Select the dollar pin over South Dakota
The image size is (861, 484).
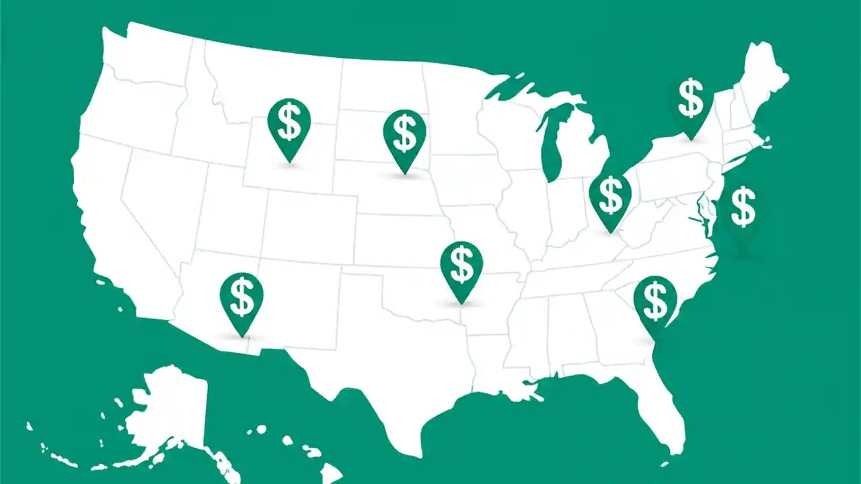coord(404,134)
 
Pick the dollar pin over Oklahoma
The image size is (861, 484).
coord(461,266)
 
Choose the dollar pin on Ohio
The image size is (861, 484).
coord(610,196)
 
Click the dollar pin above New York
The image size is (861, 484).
coord(691,100)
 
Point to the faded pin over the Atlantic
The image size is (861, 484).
coord(743,209)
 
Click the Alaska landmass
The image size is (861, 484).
coord(168,410)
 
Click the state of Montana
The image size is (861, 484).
coord(269,81)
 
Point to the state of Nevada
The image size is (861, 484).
coord(158,202)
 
